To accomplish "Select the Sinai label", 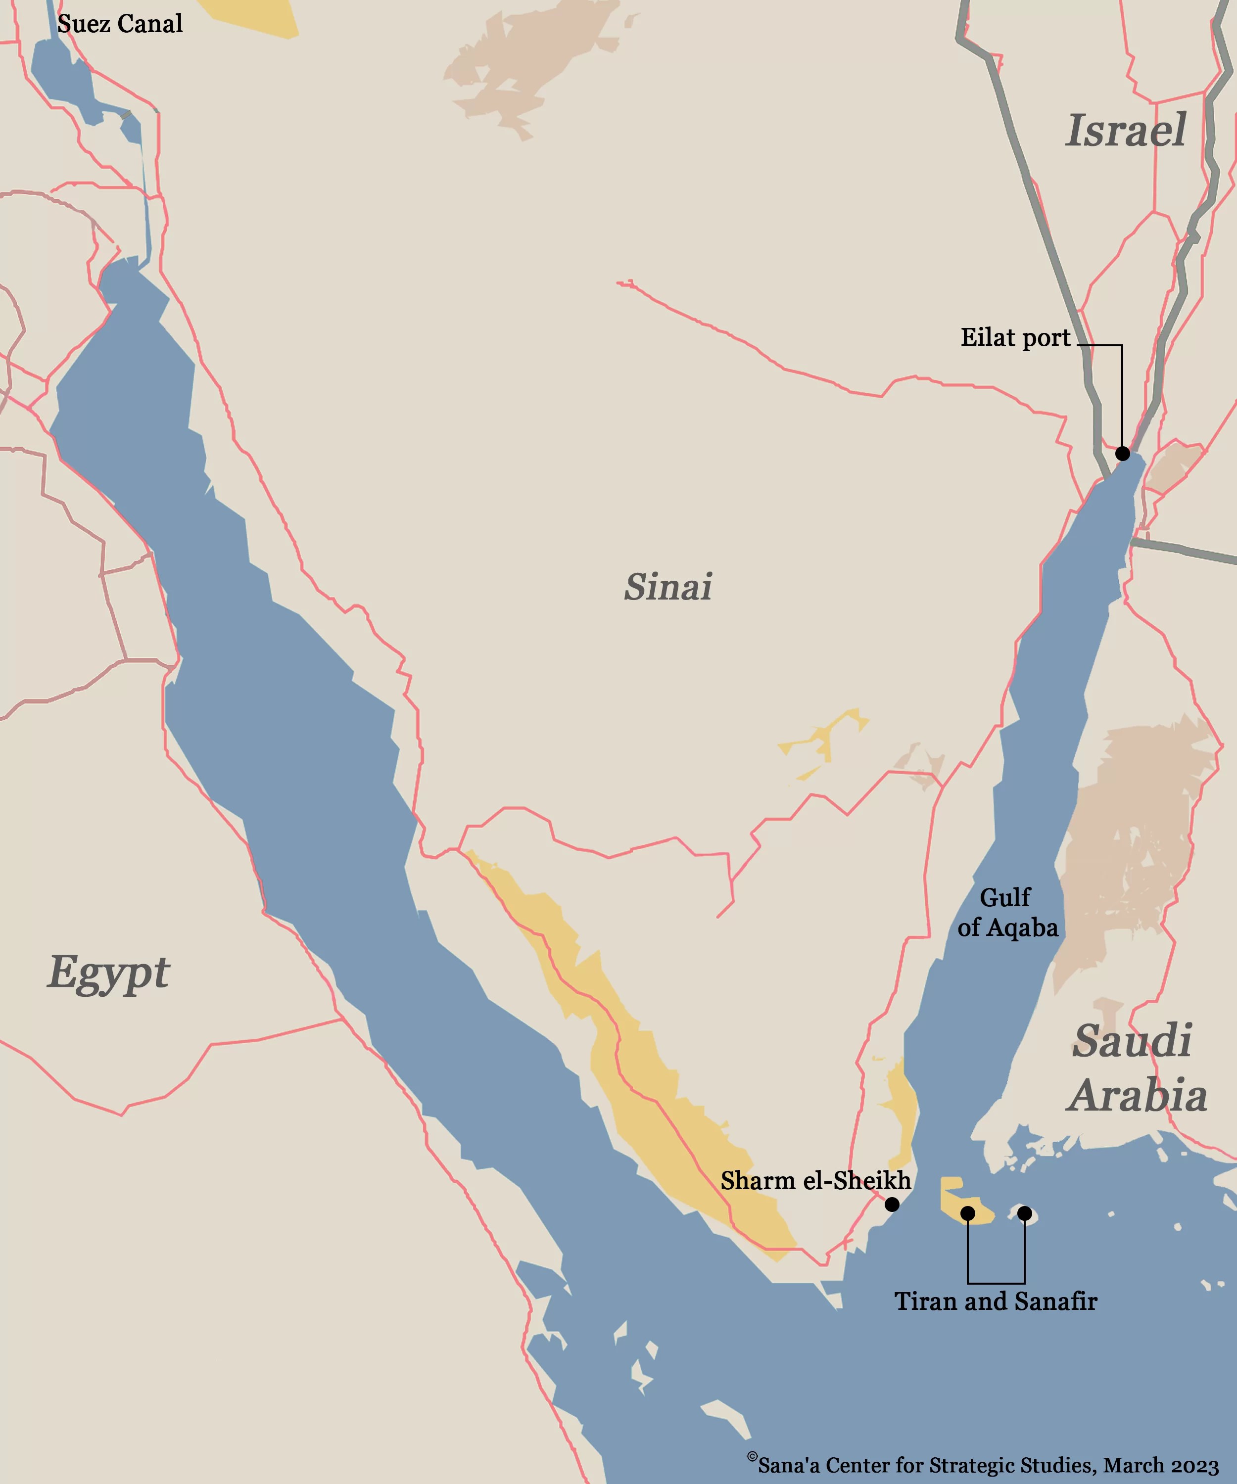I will click(x=667, y=587).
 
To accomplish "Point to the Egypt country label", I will click(x=109, y=973).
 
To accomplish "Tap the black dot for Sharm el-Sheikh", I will click(x=892, y=1204).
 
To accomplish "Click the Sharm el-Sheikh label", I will click(x=816, y=1180).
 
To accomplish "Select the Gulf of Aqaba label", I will click(x=1007, y=912).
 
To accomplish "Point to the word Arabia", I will click(x=1138, y=1096).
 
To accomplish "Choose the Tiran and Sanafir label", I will click(x=996, y=1301).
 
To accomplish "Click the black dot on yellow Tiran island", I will click(x=968, y=1213).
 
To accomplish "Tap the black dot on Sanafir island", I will click(x=1024, y=1213).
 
